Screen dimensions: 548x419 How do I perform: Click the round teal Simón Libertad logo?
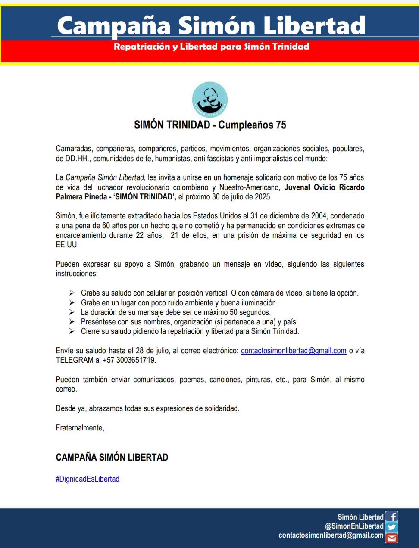tap(210, 100)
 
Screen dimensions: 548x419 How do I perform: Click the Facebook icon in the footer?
tap(392, 517)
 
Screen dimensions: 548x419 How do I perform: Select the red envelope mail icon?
tap(392, 537)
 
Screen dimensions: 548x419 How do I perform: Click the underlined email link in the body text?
tap(294, 351)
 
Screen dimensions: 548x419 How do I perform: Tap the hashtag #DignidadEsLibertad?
tap(88, 479)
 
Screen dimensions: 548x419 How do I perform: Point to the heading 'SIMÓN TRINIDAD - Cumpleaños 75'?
tap(210, 125)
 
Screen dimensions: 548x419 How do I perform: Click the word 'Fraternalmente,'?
tap(80, 428)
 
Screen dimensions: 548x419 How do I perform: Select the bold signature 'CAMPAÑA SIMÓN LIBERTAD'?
tap(112, 458)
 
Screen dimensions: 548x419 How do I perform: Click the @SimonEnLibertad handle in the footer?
tap(354, 526)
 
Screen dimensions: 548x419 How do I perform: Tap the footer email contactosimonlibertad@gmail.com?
tap(331, 536)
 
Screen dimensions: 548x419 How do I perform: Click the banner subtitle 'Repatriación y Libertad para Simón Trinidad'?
tap(211, 47)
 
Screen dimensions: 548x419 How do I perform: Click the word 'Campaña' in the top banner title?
tap(114, 26)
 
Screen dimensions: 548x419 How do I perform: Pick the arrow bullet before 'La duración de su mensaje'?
tap(72, 312)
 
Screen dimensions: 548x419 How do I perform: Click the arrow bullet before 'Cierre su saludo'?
tap(72, 331)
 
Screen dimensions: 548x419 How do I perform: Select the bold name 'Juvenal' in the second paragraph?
tap(298, 187)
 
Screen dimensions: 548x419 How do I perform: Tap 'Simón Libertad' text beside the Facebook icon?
tap(360, 517)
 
